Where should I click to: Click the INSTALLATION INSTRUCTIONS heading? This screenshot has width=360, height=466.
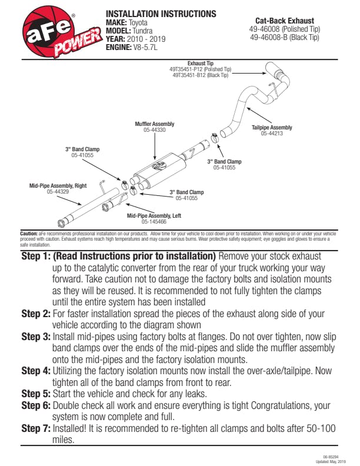(161, 14)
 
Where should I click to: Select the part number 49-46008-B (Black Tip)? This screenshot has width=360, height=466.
(284, 38)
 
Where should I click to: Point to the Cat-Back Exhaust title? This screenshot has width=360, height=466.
(285, 21)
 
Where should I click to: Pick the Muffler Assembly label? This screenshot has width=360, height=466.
(154, 125)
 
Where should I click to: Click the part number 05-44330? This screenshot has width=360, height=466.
(154, 130)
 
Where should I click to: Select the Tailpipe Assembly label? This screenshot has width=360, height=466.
(272, 128)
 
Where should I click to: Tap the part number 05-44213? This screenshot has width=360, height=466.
(272, 134)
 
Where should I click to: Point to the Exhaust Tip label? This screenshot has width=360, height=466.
(201, 62)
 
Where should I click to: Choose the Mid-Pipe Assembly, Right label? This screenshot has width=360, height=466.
(58, 186)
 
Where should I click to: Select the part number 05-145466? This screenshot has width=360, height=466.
(154, 222)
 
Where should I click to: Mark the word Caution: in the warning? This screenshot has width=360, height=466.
(29, 234)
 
